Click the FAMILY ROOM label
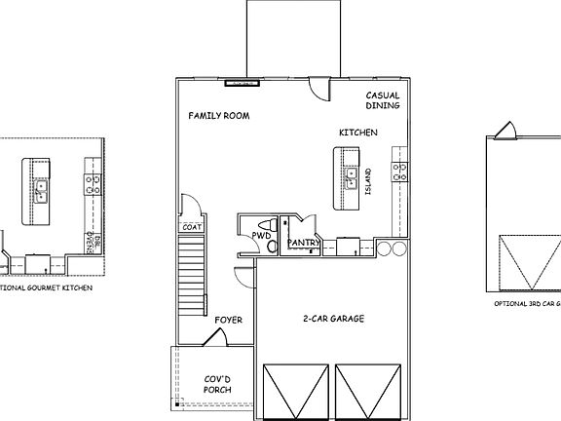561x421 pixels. (219, 116)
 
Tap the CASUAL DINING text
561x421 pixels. (383, 100)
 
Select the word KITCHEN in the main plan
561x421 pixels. (358, 133)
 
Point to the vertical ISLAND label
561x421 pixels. (368, 181)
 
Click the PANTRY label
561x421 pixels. (304, 243)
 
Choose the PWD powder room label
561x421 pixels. (261, 236)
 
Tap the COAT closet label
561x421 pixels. (192, 227)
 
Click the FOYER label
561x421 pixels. (228, 320)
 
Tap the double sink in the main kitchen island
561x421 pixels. (349, 177)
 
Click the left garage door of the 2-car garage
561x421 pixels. (295, 392)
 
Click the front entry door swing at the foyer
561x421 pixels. (216, 337)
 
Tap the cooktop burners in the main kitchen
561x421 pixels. (398, 172)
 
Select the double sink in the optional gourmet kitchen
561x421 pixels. (41, 191)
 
